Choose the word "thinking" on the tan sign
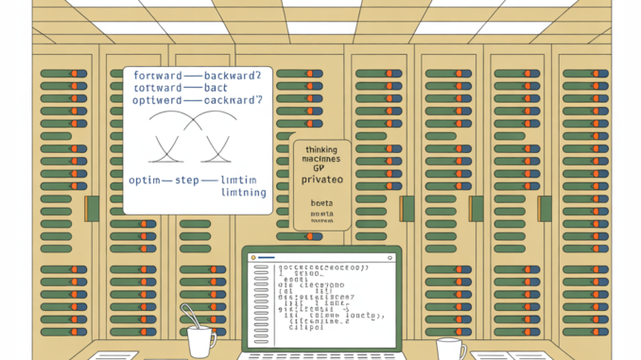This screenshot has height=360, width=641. pos(321,149)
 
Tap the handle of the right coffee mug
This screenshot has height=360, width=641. pos(463,348)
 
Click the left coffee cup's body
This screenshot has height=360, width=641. pos(201,343)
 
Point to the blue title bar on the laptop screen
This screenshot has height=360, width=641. pos(321,256)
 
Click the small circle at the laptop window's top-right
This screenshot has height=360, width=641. pos(390,256)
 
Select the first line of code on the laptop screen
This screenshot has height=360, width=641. pos(320,267)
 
